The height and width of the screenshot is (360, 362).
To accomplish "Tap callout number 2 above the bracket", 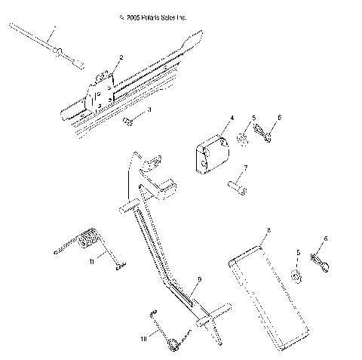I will pos(121,57).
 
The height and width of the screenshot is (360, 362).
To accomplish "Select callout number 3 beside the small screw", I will pos(149,110).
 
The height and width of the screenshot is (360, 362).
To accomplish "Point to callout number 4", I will pos(232,118).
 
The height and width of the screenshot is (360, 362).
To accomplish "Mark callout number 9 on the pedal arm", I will pos(198,279).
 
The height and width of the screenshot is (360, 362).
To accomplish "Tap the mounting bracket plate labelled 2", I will pos(99,94).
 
